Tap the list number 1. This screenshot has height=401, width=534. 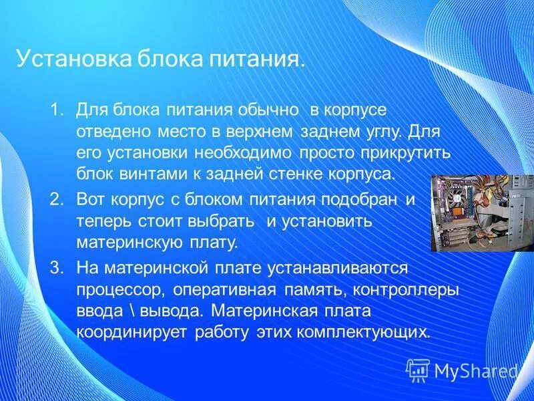coord(55,108)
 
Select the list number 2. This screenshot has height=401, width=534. coord(55,198)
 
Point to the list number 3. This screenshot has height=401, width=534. coord(55,268)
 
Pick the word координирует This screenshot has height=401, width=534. coord(132,332)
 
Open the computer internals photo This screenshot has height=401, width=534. coord(482,213)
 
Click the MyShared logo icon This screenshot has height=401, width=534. coord(418,370)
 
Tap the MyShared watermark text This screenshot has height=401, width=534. coord(475,371)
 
